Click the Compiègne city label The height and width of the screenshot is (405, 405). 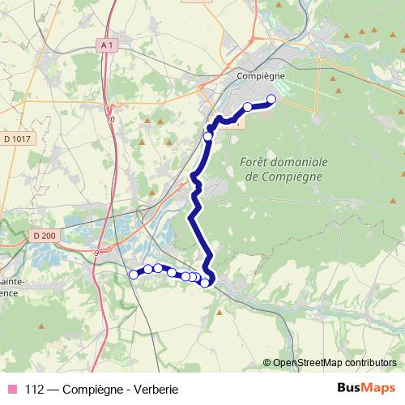pos(257,75)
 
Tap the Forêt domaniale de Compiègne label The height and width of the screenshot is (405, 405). pos(282,169)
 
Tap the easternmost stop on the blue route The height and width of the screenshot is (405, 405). pos(271,100)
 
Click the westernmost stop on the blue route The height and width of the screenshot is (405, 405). pos(134,275)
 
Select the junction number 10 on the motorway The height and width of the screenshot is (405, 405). pos(110,120)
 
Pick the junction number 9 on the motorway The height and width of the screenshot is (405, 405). pos(96,253)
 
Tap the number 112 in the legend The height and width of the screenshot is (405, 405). pos(35,389)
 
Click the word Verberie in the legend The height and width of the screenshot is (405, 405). pos(155,389)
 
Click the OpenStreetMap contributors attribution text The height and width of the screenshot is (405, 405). pos(334,363)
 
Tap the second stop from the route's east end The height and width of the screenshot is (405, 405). pos(248,107)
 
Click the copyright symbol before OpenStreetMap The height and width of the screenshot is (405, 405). pos(266,363)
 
